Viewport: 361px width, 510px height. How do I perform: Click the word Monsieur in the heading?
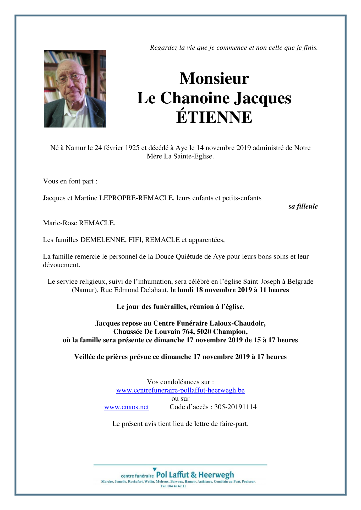(214, 78)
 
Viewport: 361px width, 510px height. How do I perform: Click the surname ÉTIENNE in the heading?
(214, 117)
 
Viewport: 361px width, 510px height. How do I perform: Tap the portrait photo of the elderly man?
(75, 88)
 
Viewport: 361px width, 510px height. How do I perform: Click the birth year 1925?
(132, 148)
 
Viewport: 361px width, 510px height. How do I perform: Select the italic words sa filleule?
(303, 206)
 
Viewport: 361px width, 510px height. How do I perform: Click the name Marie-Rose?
(60, 223)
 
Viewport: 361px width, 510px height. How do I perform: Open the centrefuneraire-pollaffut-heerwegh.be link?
(180, 390)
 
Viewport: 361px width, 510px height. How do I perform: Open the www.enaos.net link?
(127, 407)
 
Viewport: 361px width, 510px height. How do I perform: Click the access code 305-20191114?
(235, 407)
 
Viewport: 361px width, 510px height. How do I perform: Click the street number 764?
(188, 332)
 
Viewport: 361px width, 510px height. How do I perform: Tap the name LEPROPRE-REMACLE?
(136, 198)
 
